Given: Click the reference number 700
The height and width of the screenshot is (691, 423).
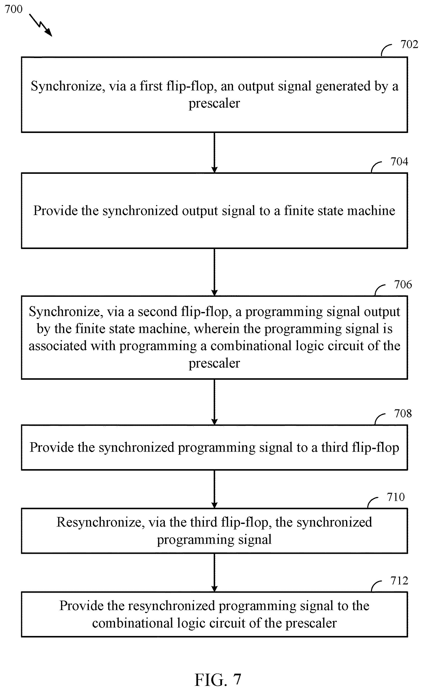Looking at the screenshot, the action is [13, 9].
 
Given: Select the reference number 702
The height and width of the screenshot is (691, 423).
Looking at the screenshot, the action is [409, 44].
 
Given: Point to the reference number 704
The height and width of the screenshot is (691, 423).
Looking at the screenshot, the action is [399, 162].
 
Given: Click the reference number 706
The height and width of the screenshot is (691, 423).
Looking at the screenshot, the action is [403, 284].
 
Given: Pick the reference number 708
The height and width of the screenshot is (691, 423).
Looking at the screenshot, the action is [403, 413].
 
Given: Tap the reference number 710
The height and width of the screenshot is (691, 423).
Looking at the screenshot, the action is [396, 497].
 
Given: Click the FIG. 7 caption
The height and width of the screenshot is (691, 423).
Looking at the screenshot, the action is [218, 680].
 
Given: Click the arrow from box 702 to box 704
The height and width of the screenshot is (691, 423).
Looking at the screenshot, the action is [214, 153].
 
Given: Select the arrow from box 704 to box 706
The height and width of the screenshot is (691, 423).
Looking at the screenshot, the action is [214, 272].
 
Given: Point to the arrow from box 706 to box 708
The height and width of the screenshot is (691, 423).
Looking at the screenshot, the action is [214, 402].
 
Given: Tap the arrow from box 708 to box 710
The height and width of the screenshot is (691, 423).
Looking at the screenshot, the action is [214, 489].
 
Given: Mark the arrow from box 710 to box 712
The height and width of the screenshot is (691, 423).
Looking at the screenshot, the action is [214, 573].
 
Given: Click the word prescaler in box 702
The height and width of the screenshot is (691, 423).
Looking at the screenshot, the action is [214, 104].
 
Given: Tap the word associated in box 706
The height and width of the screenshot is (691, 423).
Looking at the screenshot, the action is [58, 346].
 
